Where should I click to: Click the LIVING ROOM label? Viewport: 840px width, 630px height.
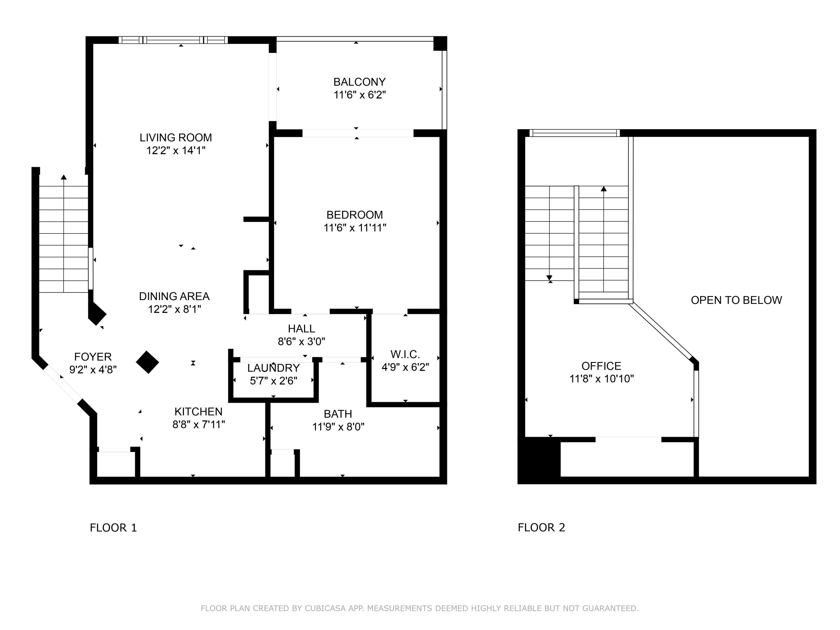176,137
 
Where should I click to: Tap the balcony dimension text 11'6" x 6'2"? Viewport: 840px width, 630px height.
360,95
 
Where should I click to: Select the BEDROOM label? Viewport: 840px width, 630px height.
355,215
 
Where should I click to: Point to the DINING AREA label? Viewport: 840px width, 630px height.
174,296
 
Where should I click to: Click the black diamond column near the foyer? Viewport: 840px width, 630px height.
147,362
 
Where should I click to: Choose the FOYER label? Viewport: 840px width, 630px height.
93,357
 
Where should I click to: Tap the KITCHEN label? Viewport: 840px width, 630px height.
199,412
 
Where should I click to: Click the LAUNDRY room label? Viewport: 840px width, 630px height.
273,368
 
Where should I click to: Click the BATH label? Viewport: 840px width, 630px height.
338,414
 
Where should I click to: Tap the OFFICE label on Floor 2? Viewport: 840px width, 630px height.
601,366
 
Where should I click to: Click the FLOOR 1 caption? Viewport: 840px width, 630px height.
113,528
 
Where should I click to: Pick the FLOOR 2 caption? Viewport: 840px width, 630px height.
542,528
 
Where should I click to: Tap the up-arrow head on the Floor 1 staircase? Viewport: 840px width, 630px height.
64,177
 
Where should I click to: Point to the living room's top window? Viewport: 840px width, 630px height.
173,40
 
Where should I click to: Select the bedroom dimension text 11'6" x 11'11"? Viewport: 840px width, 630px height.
355,228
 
